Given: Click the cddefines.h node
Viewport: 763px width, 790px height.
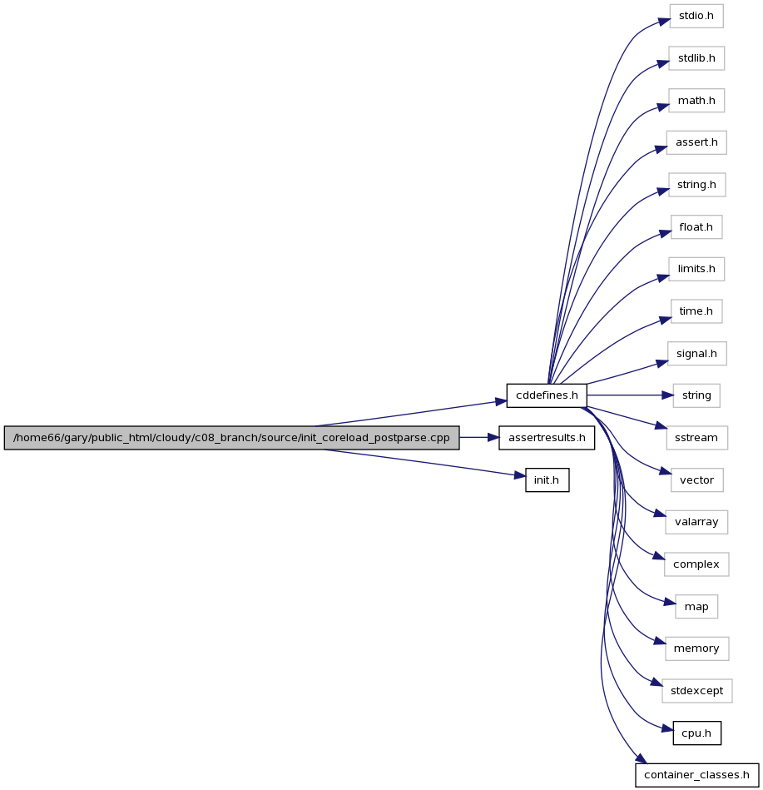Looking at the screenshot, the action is [547, 395].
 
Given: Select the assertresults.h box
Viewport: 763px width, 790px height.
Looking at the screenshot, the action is [547, 438].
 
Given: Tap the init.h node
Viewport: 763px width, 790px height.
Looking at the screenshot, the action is [547, 480].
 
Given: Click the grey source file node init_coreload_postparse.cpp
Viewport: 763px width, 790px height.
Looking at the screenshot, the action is [231, 438].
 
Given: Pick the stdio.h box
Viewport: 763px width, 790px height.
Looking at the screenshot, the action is [696, 16].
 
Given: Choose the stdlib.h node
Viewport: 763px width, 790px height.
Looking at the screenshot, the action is [696, 58].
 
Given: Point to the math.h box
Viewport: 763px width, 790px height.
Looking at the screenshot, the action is [696, 101].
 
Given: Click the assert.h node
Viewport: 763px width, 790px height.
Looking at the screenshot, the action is [696, 142].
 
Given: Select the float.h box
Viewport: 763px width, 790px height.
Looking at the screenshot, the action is [696, 227].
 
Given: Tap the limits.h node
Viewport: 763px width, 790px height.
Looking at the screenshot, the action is [696, 269].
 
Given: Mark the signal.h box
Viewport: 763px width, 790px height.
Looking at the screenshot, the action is [697, 354].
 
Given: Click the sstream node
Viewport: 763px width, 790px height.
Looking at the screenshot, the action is [696, 438].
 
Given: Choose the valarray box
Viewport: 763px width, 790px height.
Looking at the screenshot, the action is [696, 522].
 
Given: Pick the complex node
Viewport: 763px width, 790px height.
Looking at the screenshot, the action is [696, 564].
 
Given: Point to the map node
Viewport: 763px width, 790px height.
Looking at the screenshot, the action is [696, 607].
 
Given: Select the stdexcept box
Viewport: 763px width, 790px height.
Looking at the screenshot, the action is [697, 691].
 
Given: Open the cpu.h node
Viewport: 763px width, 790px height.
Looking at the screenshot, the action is [697, 733].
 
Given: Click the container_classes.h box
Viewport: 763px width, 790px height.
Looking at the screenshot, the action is [697, 775].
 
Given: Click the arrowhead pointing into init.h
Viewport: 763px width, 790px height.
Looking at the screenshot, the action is [520, 475].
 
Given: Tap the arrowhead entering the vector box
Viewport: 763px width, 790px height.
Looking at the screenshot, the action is [666, 472].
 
